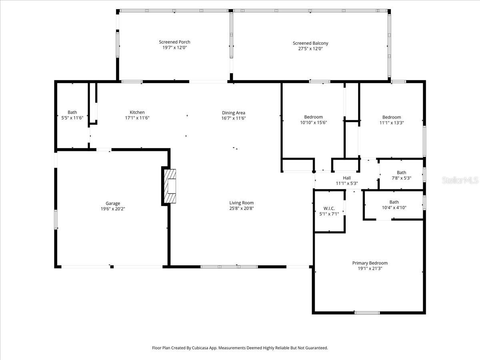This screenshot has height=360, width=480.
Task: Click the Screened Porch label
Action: click(x=174, y=42)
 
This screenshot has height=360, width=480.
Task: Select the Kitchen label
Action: click(x=137, y=112)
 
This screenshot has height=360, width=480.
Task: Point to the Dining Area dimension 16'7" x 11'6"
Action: click(x=233, y=118)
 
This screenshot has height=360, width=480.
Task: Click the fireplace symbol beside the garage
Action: click(x=170, y=186)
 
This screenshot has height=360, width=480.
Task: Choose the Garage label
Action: click(x=113, y=203)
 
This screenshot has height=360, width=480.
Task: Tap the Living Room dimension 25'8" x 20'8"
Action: click(x=241, y=208)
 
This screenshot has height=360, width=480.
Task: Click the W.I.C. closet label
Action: click(x=329, y=208)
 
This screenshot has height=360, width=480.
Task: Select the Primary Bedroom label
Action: click(x=370, y=263)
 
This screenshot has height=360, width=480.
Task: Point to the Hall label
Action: click(x=346, y=178)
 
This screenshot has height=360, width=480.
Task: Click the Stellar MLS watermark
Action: click(x=460, y=180)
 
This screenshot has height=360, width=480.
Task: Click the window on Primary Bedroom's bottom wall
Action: click(x=367, y=312)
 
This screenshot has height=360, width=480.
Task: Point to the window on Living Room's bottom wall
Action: click(x=229, y=266)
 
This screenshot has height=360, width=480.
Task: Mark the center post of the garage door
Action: click(x=112, y=266)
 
